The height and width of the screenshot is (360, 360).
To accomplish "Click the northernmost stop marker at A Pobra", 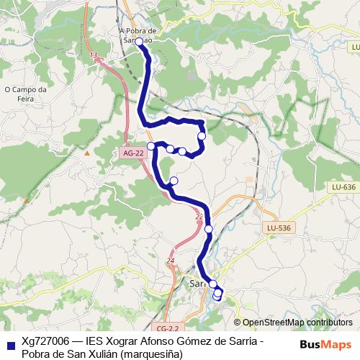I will (139, 42).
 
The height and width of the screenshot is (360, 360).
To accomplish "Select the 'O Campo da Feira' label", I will (25, 94).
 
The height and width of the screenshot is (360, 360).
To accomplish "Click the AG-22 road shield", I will (129, 153).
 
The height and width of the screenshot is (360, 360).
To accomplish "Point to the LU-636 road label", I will (344, 187).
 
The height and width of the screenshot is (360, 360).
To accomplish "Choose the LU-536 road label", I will (279, 228).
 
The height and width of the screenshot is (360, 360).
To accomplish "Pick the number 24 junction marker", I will (171, 260).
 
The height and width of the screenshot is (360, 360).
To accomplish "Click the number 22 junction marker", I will (199, 215).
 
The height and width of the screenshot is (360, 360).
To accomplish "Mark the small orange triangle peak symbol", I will (87, 153).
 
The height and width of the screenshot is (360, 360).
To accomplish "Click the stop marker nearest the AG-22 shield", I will (151, 146).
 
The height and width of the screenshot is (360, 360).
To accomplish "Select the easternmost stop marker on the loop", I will (202, 135).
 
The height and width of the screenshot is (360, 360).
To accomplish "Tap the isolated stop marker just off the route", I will (174, 180).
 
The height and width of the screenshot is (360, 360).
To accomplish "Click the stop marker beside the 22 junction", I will (209, 229).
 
